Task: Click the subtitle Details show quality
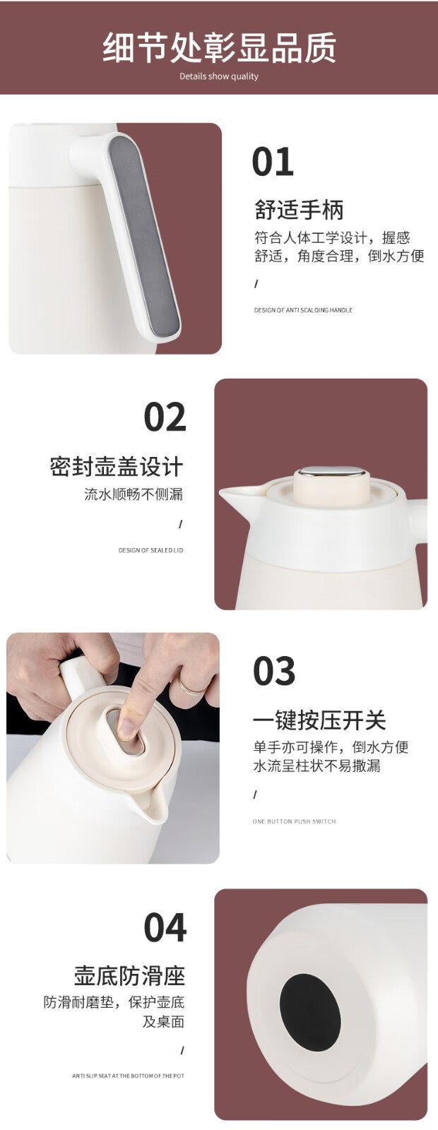point(219,76)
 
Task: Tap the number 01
point(273,162)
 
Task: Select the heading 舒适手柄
point(299,210)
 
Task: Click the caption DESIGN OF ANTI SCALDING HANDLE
point(303,310)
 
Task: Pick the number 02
point(165,417)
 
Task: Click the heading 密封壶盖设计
point(117,466)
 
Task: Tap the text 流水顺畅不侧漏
point(134,494)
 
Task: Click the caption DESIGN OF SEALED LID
point(151,550)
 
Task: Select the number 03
point(274,671)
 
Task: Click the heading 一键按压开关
point(319,720)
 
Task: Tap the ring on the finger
point(192,687)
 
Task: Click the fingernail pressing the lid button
point(128,730)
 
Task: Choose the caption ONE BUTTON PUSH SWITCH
point(294,822)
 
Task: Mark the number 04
point(165,928)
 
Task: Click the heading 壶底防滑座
point(129,976)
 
